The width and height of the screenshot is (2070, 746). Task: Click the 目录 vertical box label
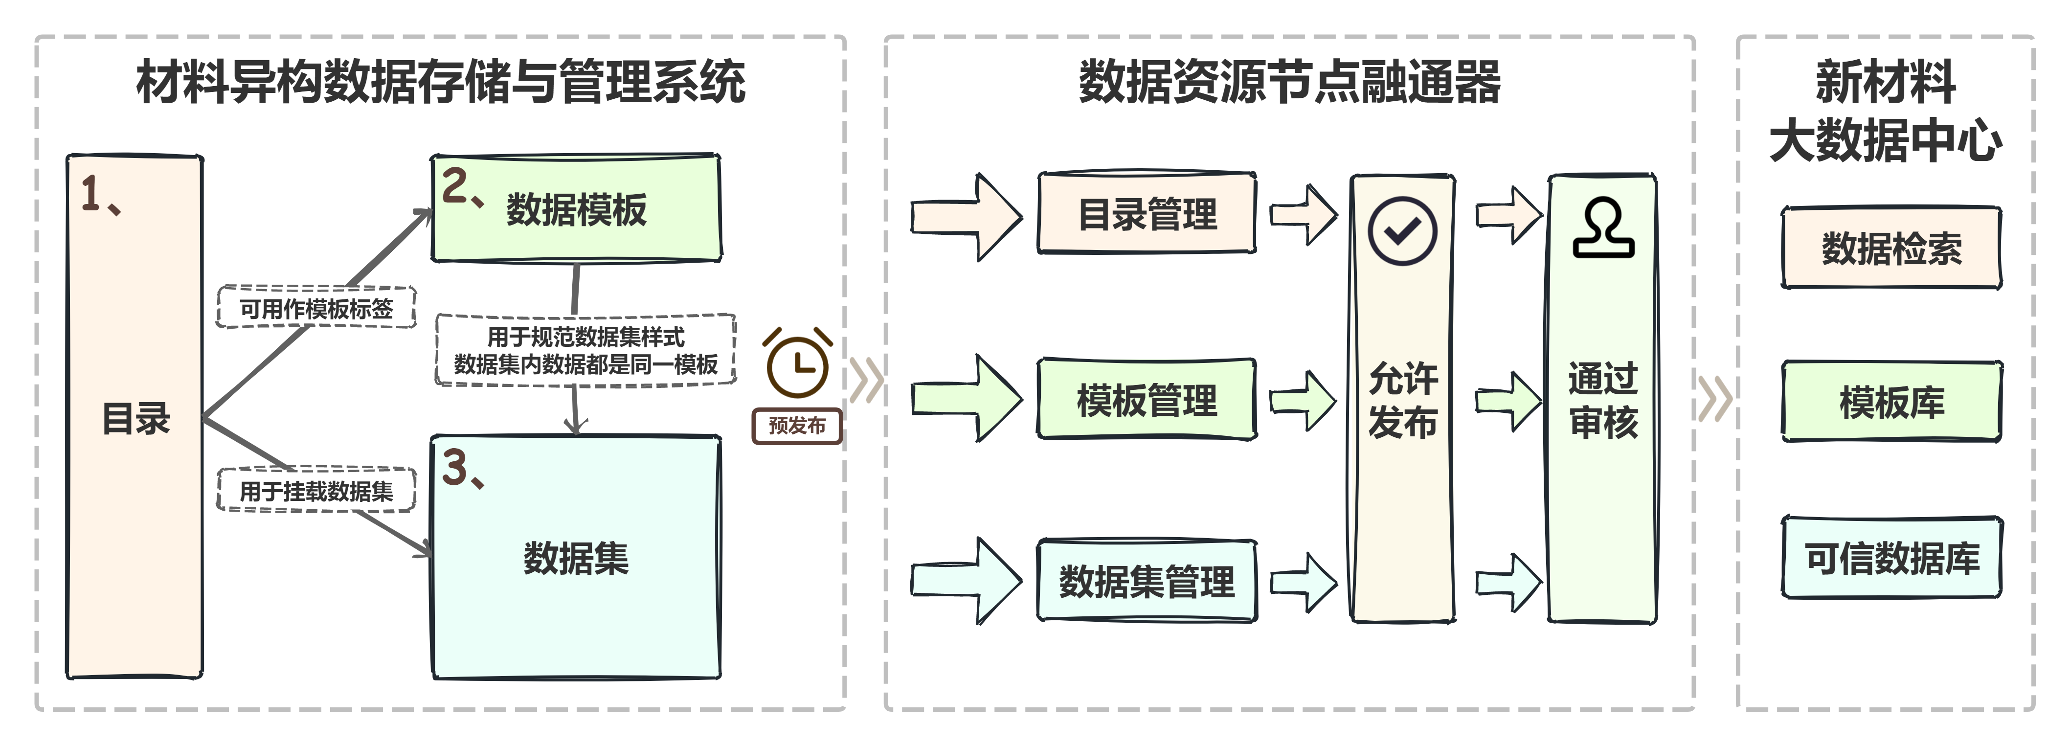[x=136, y=418]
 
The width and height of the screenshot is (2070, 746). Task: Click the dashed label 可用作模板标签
[x=316, y=308]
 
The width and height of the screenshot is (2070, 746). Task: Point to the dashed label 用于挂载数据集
[x=316, y=490]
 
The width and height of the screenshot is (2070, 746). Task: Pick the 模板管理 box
[x=1147, y=400]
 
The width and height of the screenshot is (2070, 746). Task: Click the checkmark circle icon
[x=1402, y=231]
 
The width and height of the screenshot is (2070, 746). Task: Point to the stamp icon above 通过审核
[x=1603, y=228]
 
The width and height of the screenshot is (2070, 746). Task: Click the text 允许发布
[x=1402, y=400]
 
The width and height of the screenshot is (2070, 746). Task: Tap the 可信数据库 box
[x=1891, y=558]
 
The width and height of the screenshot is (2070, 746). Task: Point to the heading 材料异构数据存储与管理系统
[x=440, y=82]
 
